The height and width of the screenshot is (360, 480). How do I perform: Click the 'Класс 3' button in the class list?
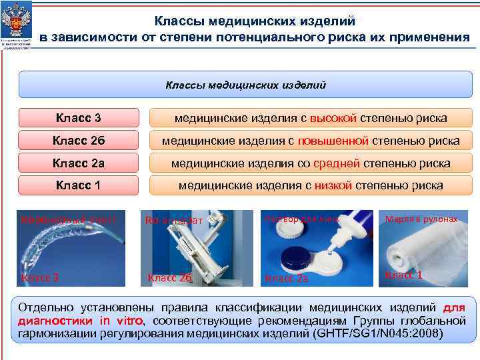pos(79,119)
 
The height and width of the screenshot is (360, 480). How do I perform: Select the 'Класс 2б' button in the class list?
pos(79,141)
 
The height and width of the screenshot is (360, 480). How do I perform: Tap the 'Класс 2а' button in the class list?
pos(79,163)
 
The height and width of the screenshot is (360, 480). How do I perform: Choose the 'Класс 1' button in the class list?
pos(79,185)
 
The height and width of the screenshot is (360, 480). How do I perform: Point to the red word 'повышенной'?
pos(333,141)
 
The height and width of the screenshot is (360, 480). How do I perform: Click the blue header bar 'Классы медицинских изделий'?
pos(245,85)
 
